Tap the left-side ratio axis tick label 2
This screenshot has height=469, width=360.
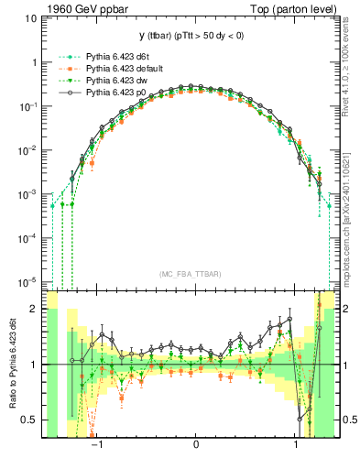pyautogui.click(x=37, y=310)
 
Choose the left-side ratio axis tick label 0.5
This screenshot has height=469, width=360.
pyautogui.click(x=32, y=420)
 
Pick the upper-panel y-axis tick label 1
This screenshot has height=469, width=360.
pyautogui.click(x=37, y=63)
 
